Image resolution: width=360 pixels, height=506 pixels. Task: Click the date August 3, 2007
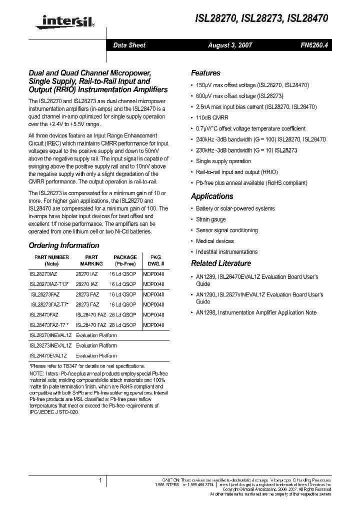[230, 45]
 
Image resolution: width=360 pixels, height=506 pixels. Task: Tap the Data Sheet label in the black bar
[129, 45]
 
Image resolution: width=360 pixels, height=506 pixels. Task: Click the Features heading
[205, 72]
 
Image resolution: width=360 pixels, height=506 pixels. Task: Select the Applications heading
[212, 196]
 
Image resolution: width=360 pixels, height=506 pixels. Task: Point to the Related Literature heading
[221, 263]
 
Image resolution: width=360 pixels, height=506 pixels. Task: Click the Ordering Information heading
[64, 245]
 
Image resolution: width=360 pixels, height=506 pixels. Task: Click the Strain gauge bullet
[210, 219]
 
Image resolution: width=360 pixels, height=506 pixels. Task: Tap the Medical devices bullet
[215, 241]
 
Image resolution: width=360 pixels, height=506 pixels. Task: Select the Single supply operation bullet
[223, 161]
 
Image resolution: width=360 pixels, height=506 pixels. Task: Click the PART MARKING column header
[91, 260]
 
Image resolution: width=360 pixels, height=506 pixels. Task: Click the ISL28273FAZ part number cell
[44, 295]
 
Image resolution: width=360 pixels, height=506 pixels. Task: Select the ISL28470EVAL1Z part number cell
[48, 355]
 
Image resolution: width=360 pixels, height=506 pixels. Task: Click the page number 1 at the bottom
[100, 480]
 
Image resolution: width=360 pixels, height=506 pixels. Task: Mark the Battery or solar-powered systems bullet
[235, 208]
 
